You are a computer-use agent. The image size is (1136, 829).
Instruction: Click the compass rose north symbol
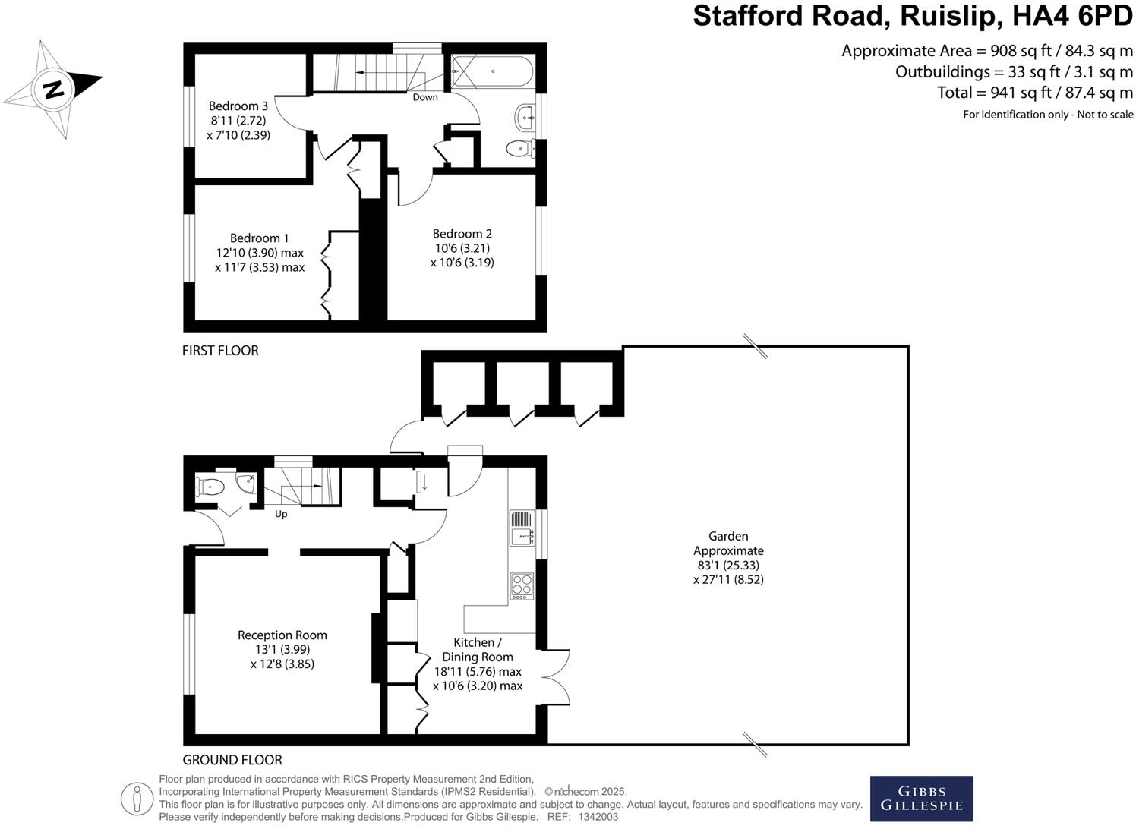[x=53, y=89]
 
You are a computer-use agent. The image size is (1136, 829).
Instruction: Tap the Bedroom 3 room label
[x=238, y=106]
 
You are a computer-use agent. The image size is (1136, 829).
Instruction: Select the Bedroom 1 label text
[x=259, y=238]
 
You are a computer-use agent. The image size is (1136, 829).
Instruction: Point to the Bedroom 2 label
[x=462, y=234]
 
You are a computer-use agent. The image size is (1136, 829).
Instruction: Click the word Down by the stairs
[x=425, y=97]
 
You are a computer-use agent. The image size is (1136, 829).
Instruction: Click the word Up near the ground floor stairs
[x=281, y=514]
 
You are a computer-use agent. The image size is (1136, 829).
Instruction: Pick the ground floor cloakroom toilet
[x=210, y=487]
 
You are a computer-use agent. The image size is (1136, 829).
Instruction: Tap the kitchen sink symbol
[x=522, y=528]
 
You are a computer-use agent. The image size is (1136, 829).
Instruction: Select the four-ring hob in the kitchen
[x=522, y=585]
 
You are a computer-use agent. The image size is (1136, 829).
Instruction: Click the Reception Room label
[x=282, y=635]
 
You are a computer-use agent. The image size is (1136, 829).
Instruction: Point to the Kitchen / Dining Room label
[x=478, y=650]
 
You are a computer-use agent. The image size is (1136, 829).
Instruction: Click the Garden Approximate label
[x=728, y=544]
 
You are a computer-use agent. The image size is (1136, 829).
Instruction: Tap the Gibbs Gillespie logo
[x=921, y=799]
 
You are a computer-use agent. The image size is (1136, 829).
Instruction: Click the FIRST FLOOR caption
[x=220, y=351]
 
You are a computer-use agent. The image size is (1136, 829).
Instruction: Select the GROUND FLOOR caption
[x=232, y=760]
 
